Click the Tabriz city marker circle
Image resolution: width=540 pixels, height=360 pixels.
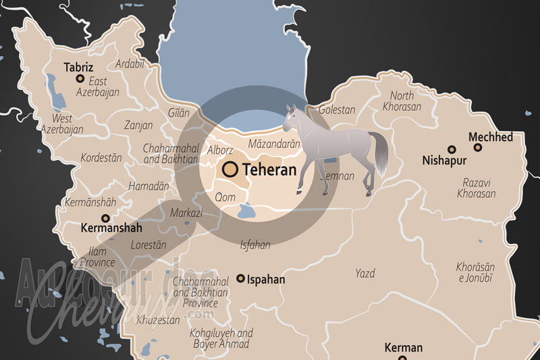click(x=80, y=79)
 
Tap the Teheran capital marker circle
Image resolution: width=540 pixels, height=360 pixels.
click(x=230, y=169)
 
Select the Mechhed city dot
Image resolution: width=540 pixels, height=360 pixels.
click(x=478, y=147)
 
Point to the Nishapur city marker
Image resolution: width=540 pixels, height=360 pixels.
click(x=452, y=149)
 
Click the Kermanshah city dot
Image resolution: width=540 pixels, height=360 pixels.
click(x=105, y=218)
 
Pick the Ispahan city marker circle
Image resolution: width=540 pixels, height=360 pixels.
click(x=240, y=278)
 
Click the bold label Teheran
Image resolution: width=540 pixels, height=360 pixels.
click(x=269, y=170)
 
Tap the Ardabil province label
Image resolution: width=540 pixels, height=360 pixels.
click(x=130, y=64)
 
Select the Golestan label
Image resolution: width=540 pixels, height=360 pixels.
click(x=336, y=109)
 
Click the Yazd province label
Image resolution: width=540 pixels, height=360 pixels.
click(x=365, y=274)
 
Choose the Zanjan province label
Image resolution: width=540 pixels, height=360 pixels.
click(x=139, y=126)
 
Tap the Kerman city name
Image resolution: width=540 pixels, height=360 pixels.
click(x=403, y=348)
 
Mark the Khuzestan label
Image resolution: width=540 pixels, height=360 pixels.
click(x=158, y=319)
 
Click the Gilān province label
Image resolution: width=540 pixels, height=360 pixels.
click(x=178, y=113)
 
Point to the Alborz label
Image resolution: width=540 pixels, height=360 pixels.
click(x=219, y=150)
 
